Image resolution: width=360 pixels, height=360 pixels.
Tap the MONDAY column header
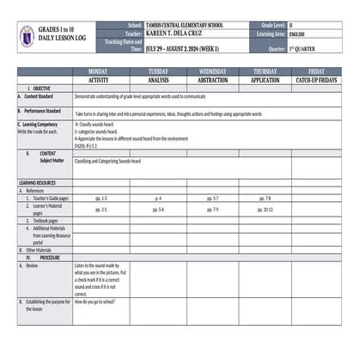click(x=99, y=71)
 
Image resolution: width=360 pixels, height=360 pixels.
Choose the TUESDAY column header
click(x=158, y=71)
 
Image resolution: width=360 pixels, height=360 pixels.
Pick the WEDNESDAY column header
click(x=213, y=71)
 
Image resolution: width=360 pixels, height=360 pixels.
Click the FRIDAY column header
click(x=316, y=71)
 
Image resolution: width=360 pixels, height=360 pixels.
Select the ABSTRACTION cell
click(x=213, y=79)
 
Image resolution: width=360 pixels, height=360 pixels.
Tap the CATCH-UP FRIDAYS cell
click(x=316, y=79)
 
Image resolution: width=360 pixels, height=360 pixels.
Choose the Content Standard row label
click(x=40, y=96)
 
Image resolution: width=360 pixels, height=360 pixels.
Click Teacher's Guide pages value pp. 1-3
click(x=101, y=198)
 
